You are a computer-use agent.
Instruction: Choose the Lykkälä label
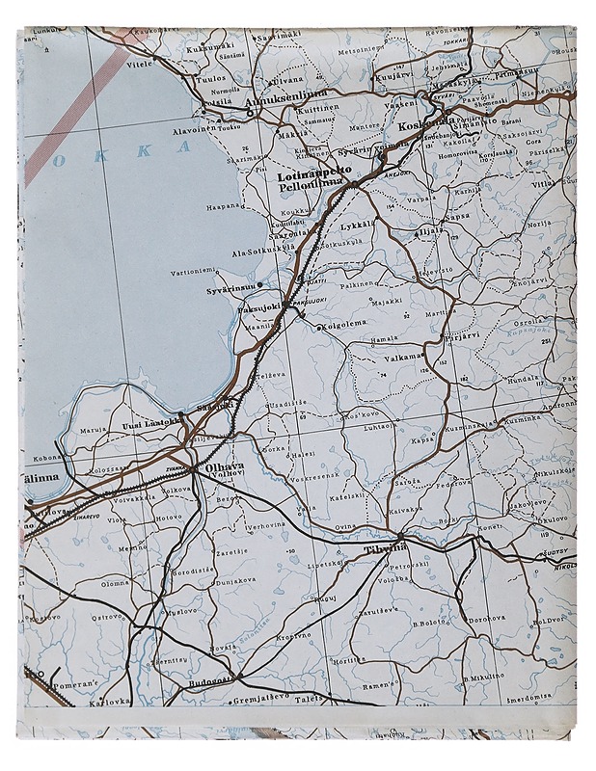click(358, 225)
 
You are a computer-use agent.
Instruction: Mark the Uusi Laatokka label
click(149, 422)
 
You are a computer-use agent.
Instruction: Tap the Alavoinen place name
click(188, 126)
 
